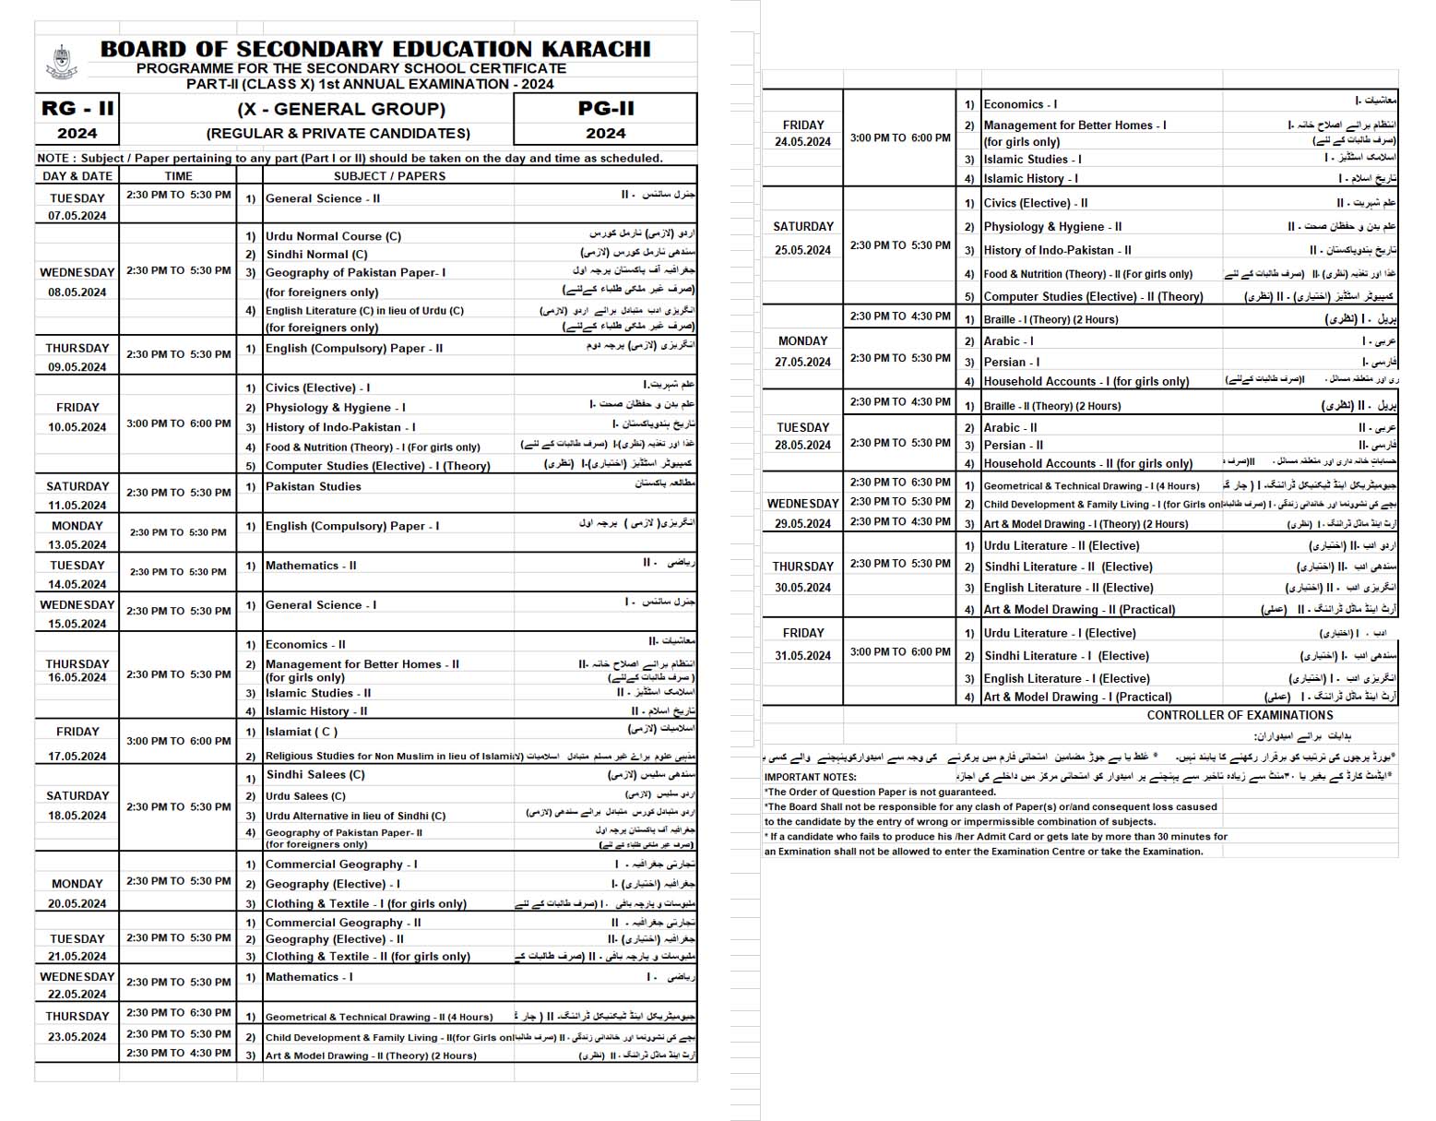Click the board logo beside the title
pos(61,63)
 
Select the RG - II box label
pos(77,108)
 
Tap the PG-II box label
pos(605,108)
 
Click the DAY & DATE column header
pos(77,176)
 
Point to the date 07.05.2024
pos(77,216)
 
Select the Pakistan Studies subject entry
pos(313,486)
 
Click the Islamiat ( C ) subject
pos(301,732)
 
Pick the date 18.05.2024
pos(77,816)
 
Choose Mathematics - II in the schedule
pos(310,566)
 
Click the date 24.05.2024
pos(802,142)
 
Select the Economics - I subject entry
pos(1020,104)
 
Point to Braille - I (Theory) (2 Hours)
pos(1050,319)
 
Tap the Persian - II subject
pos(1014,445)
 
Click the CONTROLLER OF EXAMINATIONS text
pos(1240,715)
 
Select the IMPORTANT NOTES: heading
pos(810,777)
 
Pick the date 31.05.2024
pos(802,656)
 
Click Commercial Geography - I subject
pos(341,865)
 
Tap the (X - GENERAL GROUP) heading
pos(341,109)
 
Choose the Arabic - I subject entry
pos(1008,341)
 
